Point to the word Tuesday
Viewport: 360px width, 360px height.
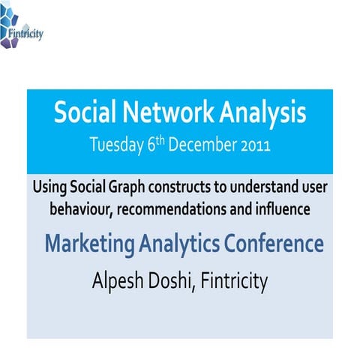tap(114, 143)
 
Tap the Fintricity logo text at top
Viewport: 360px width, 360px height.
tap(25, 34)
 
